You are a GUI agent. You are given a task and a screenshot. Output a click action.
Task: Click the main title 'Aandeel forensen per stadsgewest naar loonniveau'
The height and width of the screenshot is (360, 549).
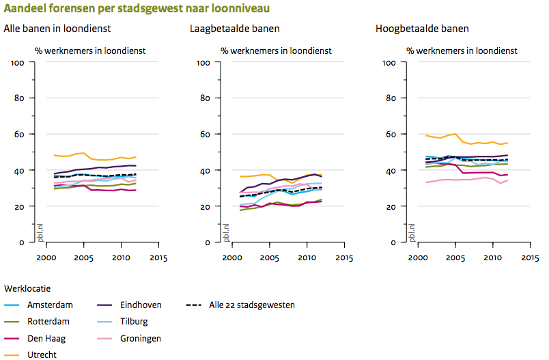(x=137, y=9)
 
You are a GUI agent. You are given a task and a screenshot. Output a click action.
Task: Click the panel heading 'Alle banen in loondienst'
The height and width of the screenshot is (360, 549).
(x=57, y=29)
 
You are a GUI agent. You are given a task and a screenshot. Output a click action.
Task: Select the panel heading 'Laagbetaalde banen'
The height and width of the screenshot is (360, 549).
(x=235, y=29)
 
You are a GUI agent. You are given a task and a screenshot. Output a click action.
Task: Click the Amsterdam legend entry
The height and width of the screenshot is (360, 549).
(x=50, y=305)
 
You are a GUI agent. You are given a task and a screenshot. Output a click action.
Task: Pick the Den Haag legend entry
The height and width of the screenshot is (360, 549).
(x=47, y=338)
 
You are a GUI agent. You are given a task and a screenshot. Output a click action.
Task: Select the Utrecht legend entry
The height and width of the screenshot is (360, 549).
(x=42, y=355)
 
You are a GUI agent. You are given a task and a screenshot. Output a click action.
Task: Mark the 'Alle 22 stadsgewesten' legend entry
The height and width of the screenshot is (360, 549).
(x=251, y=305)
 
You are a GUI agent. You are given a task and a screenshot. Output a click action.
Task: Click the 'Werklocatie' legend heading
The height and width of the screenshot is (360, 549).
(x=26, y=289)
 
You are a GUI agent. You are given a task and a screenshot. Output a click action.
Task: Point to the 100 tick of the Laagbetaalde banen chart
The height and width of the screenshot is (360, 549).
(x=203, y=63)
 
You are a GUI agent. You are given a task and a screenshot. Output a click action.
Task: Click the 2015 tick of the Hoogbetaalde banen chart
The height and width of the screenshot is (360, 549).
(x=529, y=258)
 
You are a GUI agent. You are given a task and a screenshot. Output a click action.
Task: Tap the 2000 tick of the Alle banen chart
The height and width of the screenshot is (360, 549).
(x=46, y=258)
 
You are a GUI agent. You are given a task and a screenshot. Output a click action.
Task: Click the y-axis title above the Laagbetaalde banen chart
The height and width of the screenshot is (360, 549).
(x=276, y=51)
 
